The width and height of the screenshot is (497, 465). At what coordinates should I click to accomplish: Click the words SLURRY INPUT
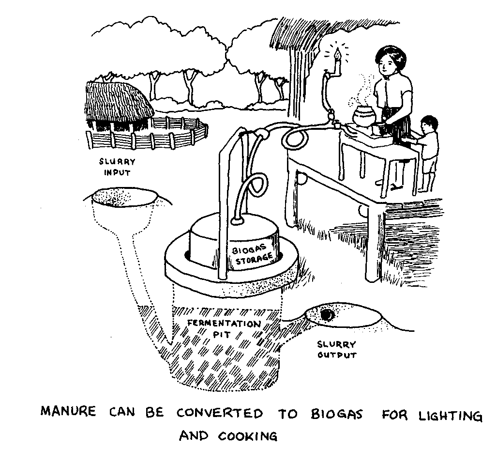pyautogui.click(x=117, y=167)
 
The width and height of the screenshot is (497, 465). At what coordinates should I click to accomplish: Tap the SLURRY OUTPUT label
pyautogui.click(x=337, y=350)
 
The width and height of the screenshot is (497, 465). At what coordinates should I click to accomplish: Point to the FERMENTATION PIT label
pyautogui.click(x=224, y=328)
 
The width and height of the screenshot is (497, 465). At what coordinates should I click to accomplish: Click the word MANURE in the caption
pyautogui.click(x=68, y=411)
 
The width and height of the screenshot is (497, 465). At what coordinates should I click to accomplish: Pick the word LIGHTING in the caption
pyautogui.click(x=451, y=416)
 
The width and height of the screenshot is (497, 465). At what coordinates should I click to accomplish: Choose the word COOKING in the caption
pyautogui.click(x=248, y=436)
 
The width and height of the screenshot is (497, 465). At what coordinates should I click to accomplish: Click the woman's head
pyautogui.click(x=390, y=61)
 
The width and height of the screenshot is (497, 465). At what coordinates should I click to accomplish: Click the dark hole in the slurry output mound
pyautogui.click(x=327, y=315)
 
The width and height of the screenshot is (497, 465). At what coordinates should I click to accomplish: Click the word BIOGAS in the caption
pyautogui.click(x=337, y=414)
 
